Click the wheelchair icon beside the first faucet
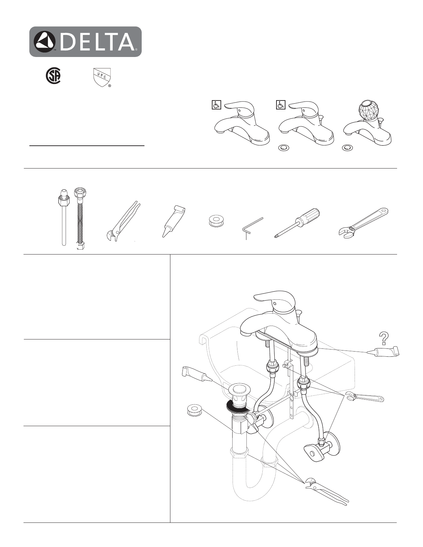click(x=216, y=105)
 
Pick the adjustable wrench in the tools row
click(x=363, y=221)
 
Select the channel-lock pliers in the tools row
click(x=122, y=222)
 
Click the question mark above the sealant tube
click(x=384, y=338)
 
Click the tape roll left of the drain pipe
click(x=195, y=410)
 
